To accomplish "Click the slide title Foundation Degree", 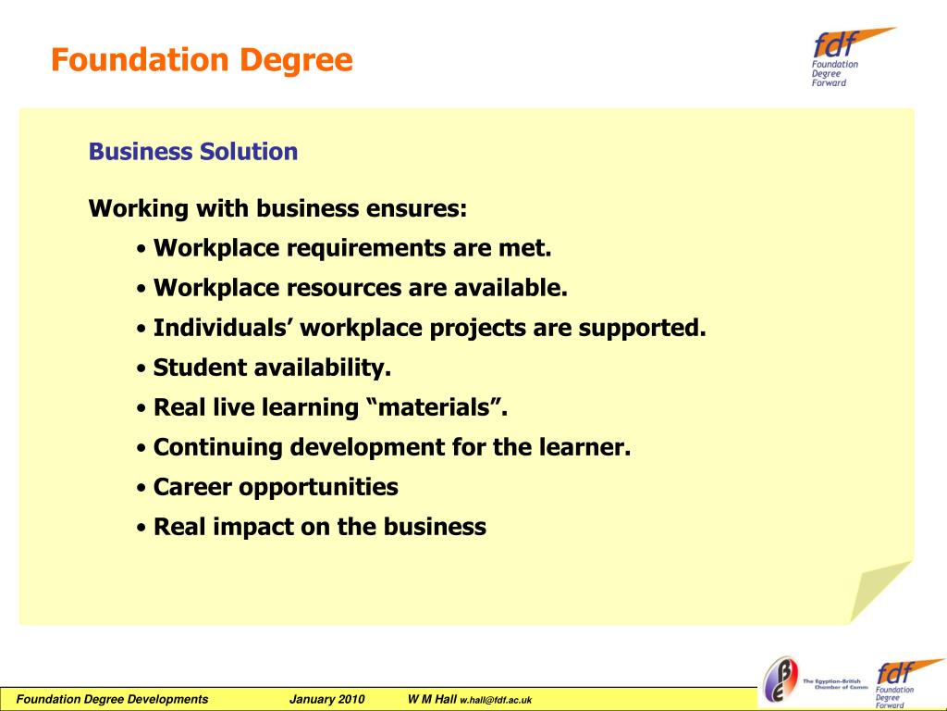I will [202, 61].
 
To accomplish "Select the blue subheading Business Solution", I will [193, 152].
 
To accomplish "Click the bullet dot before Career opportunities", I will [141, 489].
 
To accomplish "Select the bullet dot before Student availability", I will [141, 369].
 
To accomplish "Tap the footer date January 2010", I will [327, 699].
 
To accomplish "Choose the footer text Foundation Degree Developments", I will [113, 699].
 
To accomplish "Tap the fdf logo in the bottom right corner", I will [894, 683].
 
